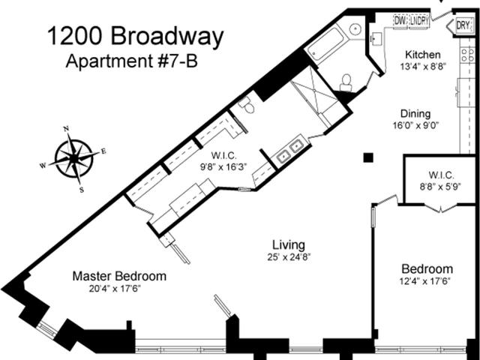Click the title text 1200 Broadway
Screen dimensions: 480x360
click(x=136, y=37)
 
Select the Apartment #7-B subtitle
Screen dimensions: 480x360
click(x=132, y=61)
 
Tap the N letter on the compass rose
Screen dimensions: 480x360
click(x=66, y=129)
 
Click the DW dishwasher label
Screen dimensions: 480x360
click(x=400, y=21)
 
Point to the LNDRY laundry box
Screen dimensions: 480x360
click(x=418, y=21)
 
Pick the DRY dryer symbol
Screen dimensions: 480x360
click(x=463, y=25)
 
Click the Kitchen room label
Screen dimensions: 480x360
click(x=423, y=55)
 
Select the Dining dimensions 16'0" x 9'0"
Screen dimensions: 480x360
click(x=415, y=125)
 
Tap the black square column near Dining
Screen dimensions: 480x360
click(x=368, y=157)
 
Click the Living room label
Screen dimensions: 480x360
click(x=289, y=245)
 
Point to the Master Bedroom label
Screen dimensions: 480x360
click(x=119, y=276)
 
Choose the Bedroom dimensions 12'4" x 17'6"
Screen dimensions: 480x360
click(x=425, y=281)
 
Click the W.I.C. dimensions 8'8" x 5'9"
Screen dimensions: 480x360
click(x=440, y=187)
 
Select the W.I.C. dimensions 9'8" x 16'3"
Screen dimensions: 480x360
click(x=223, y=167)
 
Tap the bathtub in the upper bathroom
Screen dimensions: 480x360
click(x=325, y=43)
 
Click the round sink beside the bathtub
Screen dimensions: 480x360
click(x=355, y=29)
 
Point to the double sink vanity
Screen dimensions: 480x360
click(x=289, y=151)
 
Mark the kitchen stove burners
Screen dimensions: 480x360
click(x=467, y=55)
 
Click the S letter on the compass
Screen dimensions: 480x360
click(x=82, y=190)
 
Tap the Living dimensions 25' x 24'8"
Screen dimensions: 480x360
click(x=289, y=257)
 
